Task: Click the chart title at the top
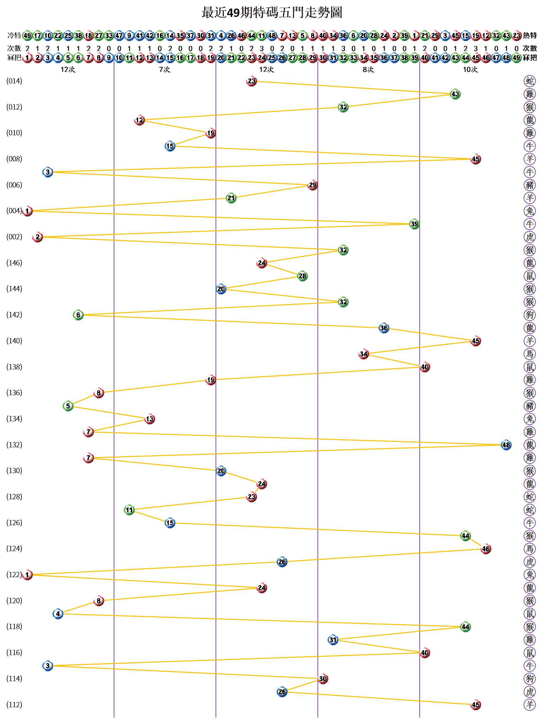coord(272,13)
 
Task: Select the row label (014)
coord(14,81)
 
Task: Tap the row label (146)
coord(14,263)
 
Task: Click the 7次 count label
coord(165,69)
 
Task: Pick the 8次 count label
coord(368,69)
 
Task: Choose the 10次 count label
coord(470,69)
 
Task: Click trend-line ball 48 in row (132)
coord(506,445)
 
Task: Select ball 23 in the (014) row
coord(251,81)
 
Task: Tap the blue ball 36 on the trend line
coord(384,328)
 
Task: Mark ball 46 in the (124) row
coord(486,549)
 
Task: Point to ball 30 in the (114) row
coord(323,679)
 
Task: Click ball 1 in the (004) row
coord(28,211)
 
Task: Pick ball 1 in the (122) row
coord(28,575)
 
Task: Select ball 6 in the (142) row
coord(78,315)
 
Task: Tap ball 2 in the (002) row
coord(38,237)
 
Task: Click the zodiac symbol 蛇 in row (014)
coord(530,81)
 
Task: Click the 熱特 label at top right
coord(530,35)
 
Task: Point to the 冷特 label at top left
coord(14,35)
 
